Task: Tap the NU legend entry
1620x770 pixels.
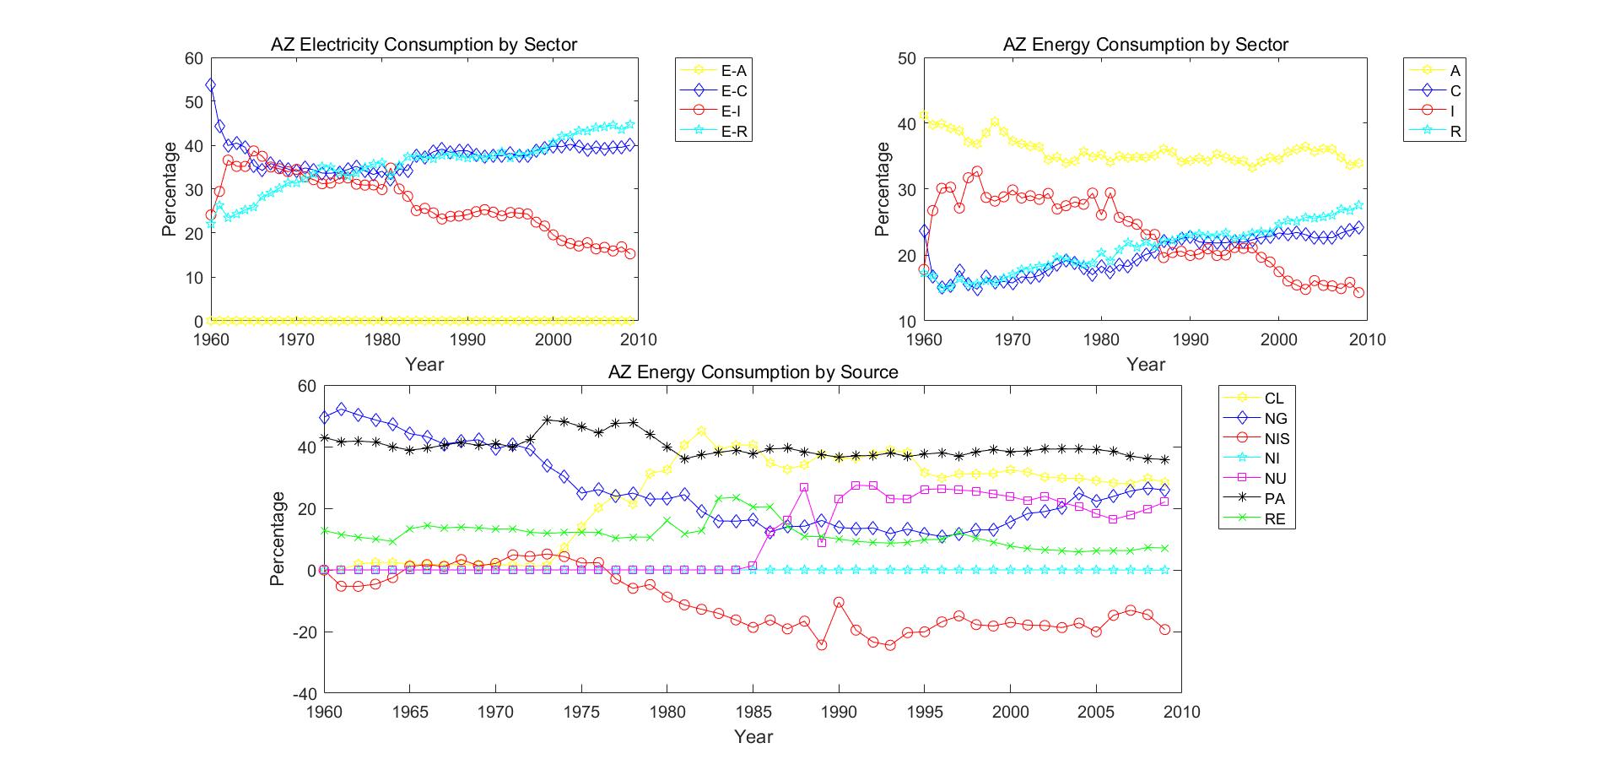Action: (1275, 479)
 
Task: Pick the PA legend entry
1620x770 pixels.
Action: (1275, 499)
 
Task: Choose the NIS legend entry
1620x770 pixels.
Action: (1277, 438)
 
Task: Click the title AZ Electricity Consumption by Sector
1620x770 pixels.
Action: (424, 45)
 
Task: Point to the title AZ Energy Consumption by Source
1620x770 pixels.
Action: (753, 372)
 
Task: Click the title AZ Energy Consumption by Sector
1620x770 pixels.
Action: (1145, 45)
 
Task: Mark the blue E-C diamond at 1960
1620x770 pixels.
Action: (211, 85)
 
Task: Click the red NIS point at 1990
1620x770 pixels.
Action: (839, 602)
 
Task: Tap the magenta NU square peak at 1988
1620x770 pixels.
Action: (804, 487)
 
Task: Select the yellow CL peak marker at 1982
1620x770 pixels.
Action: (701, 431)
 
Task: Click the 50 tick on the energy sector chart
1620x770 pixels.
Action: (908, 58)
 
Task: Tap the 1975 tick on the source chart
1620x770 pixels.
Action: (581, 712)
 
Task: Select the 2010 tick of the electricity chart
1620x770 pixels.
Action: (637, 339)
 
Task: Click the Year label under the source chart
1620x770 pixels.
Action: (753, 736)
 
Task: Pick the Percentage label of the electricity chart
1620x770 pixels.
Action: (170, 189)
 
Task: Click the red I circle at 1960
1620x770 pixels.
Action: (924, 270)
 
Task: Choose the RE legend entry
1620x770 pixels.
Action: (1275, 519)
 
